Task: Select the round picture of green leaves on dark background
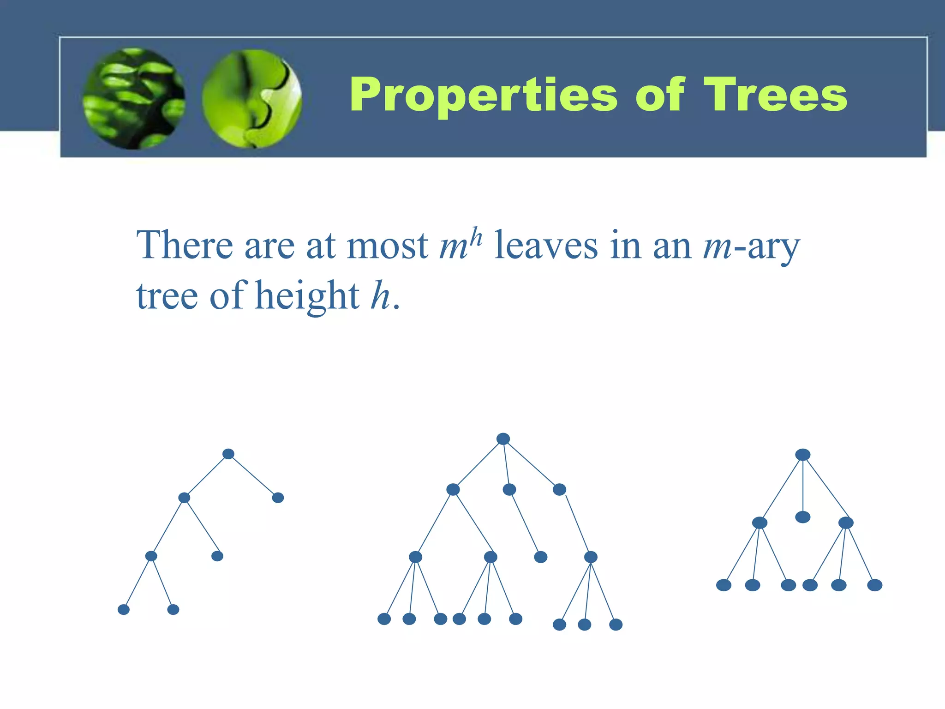coord(134,99)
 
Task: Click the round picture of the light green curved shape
coord(252,99)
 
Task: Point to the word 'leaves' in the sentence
coord(546,246)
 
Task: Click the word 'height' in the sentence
coord(307,296)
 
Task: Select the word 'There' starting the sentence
coord(185,246)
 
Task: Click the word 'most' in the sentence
coord(387,246)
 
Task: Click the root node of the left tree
coord(228,454)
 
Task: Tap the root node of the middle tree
coord(503,439)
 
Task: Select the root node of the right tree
coord(803,455)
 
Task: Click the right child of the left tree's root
coord(278,498)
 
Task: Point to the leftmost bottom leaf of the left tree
coord(124,609)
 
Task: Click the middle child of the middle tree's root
coord(509,489)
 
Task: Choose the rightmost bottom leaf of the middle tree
coord(616,625)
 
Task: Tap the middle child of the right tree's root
coord(803,517)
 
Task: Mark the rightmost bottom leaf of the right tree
coord(874,585)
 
